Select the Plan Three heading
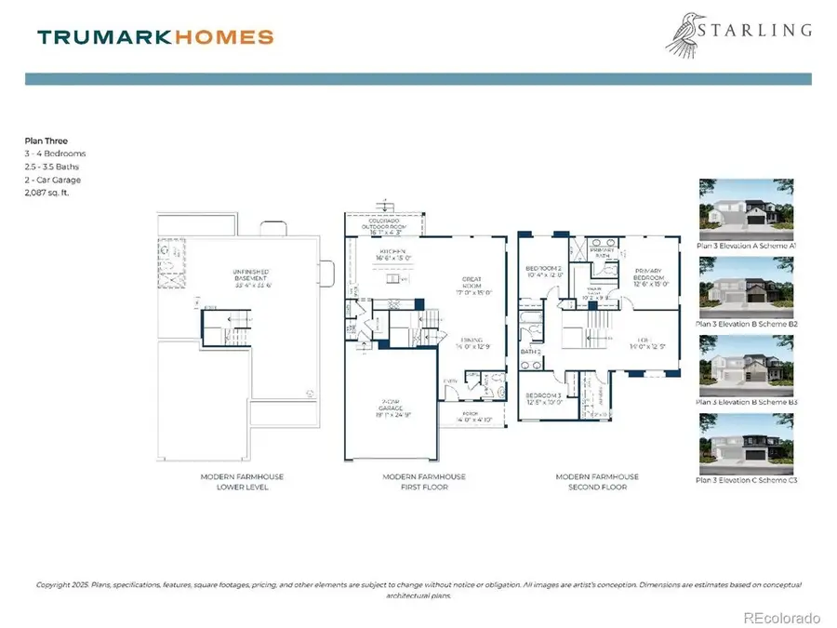pos(46,141)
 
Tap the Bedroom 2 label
pos(545,271)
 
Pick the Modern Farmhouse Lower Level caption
pos(242,482)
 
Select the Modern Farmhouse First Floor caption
pos(424,482)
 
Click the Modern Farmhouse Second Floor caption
pos(597,482)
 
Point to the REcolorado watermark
pos(782,617)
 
